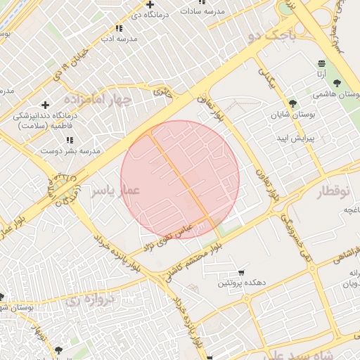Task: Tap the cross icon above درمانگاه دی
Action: [150, 4]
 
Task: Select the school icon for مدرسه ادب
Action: [120, 28]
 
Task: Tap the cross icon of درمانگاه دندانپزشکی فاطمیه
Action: [46, 105]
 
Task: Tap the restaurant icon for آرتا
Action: [321, 63]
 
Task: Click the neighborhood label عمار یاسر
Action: [117, 191]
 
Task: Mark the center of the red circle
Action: [180, 179]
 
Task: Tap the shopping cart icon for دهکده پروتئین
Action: [241, 273]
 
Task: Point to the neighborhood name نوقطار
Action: [337, 192]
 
